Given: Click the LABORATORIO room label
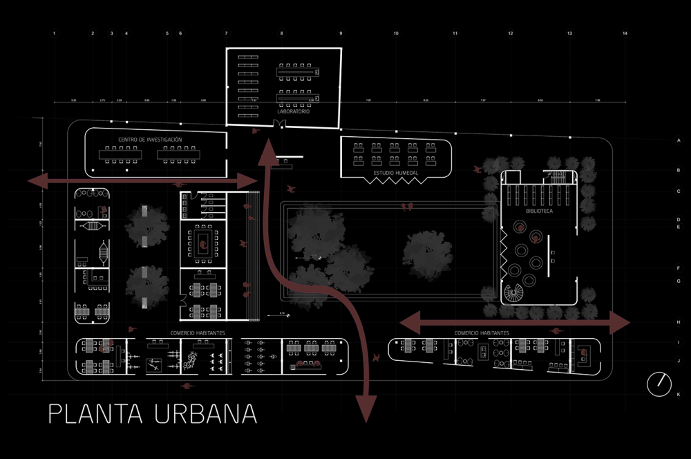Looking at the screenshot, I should (292, 111).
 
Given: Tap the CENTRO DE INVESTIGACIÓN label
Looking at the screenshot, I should (150, 140).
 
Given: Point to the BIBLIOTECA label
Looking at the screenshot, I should (540, 212).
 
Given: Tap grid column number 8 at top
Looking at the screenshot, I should (282, 33).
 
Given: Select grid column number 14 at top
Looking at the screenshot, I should (625, 33).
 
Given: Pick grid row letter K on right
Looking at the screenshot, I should (679, 394).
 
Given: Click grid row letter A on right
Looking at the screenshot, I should (679, 140).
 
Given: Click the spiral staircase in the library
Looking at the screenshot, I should (513, 295).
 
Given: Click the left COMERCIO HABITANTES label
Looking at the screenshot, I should (198, 333).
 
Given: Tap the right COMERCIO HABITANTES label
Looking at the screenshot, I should (482, 333).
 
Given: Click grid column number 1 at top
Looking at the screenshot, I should (54, 33).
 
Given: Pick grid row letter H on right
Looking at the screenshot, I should (679, 322).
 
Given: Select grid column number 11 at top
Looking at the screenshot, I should (455, 33).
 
